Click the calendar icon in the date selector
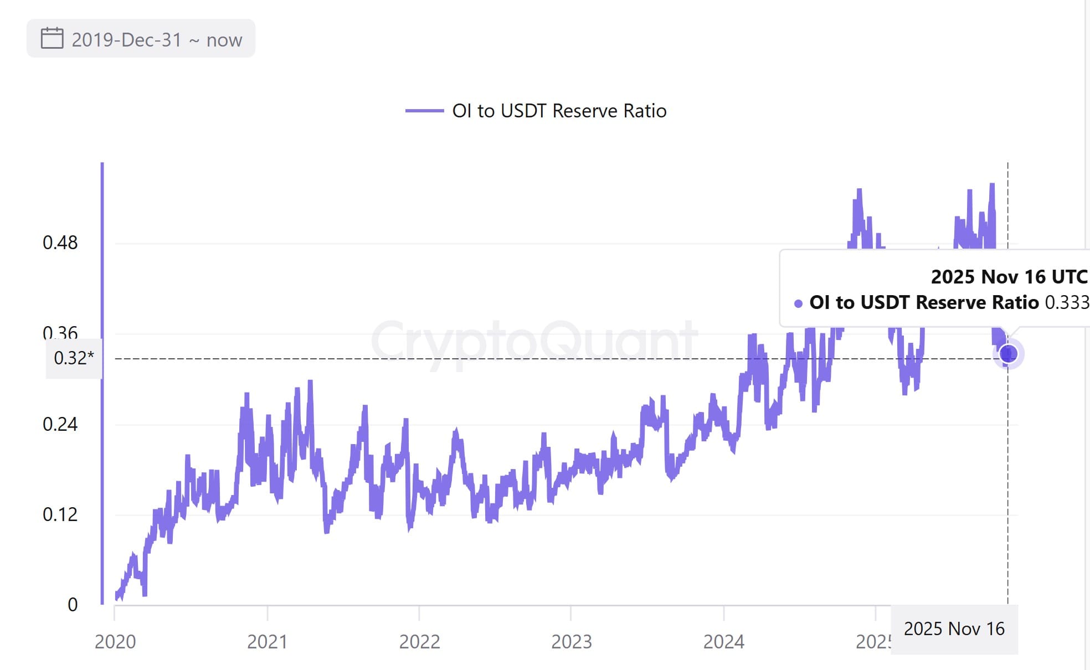point(52,39)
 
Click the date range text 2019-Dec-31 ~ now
point(157,40)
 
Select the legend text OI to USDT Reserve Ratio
point(559,111)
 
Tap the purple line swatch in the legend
point(424,111)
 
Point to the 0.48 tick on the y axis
point(60,243)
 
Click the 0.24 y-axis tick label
point(60,425)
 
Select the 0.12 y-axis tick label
point(60,515)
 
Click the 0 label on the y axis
point(73,605)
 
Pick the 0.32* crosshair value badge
point(74,358)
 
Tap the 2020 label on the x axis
point(115,642)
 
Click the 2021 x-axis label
point(267,642)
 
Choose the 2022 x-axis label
point(419,642)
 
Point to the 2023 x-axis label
point(571,642)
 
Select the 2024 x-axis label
point(723,642)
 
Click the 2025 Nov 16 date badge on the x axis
point(954,629)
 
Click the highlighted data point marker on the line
point(1008,353)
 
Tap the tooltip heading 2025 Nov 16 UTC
point(1009,277)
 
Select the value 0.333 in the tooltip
point(1066,302)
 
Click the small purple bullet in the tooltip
point(798,303)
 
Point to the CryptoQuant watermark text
point(534,341)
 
